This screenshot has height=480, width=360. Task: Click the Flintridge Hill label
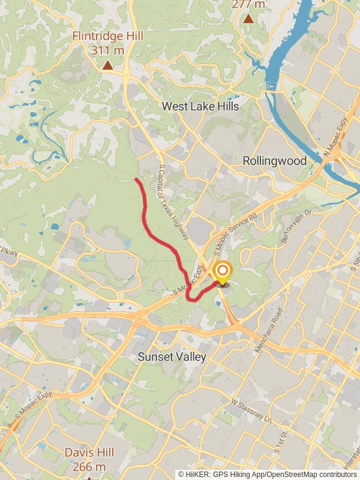click(108, 37)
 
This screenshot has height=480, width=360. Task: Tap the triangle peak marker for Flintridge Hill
click(107, 65)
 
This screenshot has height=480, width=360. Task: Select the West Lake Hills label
click(200, 107)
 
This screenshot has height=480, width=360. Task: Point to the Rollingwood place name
click(275, 161)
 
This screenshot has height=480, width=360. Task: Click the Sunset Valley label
click(172, 357)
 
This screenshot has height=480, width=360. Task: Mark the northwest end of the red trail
click(136, 179)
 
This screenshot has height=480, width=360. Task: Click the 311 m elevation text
click(108, 50)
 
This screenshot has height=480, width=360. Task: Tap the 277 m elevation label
click(248, 5)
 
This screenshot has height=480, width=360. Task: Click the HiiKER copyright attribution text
click(268, 474)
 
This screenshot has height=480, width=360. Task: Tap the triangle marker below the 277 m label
click(248, 19)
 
